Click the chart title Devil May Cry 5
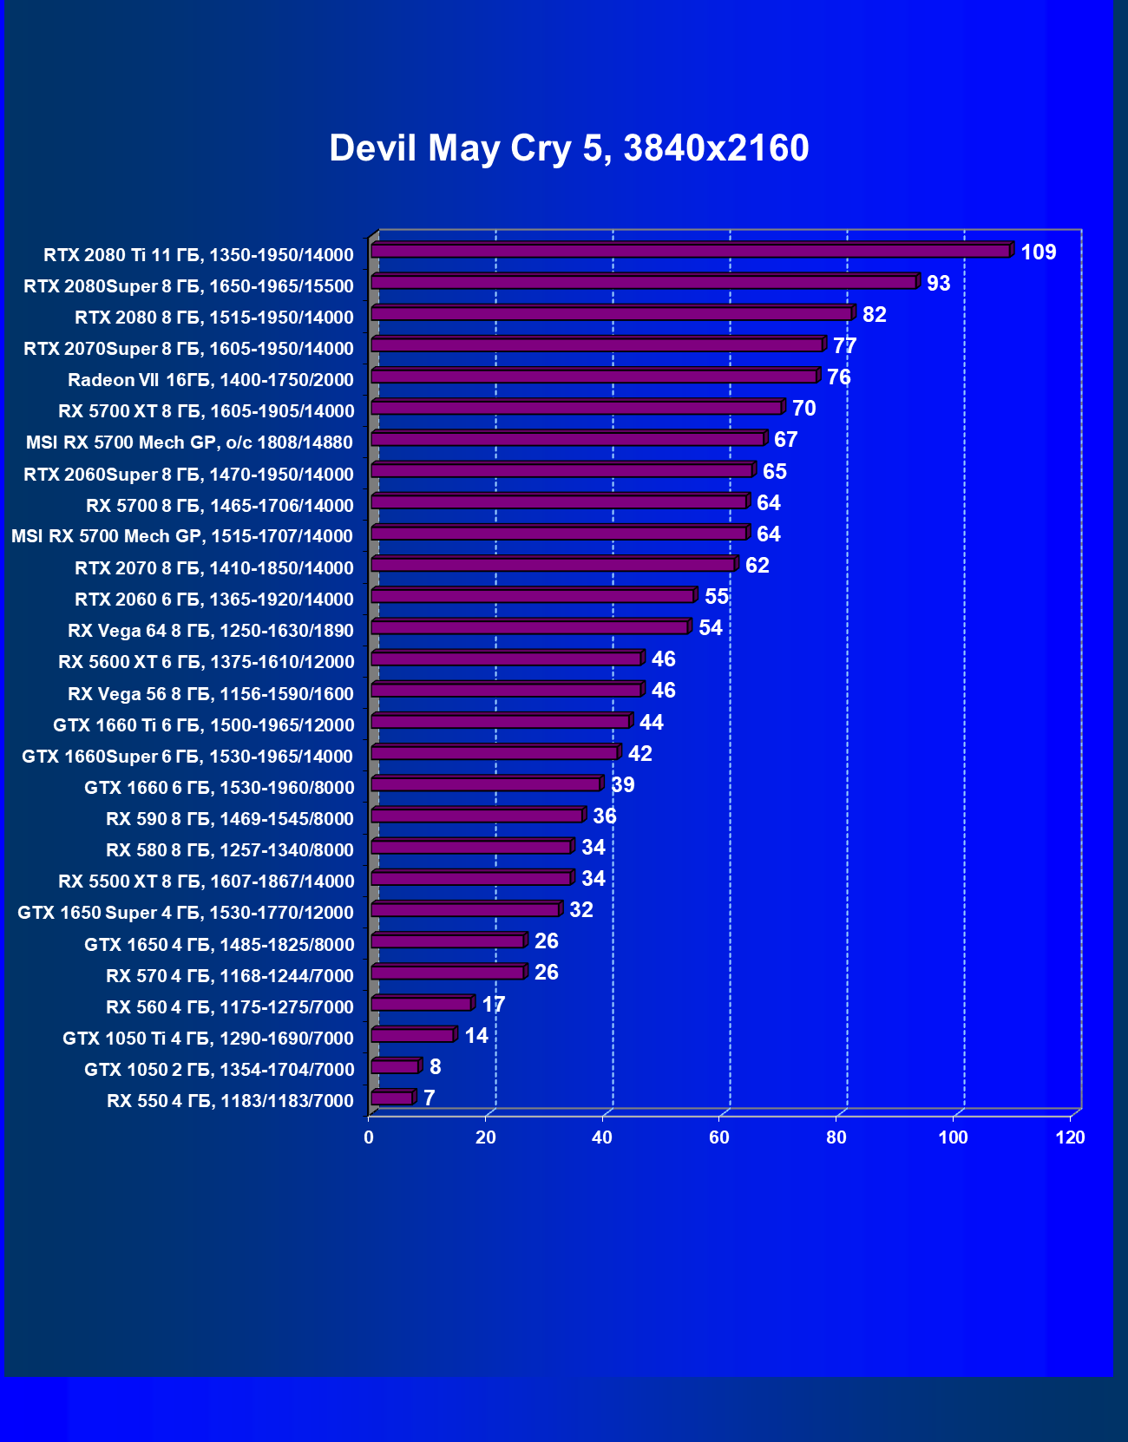(x=568, y=148)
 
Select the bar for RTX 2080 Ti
(x=691, y=251)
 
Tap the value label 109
(x=1038, y=252)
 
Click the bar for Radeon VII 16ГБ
(x=594, y=377)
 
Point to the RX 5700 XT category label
(x=206, y=411)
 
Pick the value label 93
(x=938, y=284)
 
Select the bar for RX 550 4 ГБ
(x=392, y=1098)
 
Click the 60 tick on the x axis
(x=719, y=1137)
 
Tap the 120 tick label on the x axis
(x=1070, y=1137)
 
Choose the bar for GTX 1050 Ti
(x=413, y=1035)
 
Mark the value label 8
(x=435, y=1067)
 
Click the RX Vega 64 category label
(x=211, y=631)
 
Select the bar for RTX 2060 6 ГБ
(x=533, y=596)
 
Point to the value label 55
(x=716, y=597)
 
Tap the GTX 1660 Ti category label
(x=203, y=725)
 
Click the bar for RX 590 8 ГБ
(x=477, y=816)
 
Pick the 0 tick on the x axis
(x=369, y=1137)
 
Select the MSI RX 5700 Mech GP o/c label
(x=189, y=442)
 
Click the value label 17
(x=493, y=1005)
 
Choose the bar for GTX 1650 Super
(x=466, y=910)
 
